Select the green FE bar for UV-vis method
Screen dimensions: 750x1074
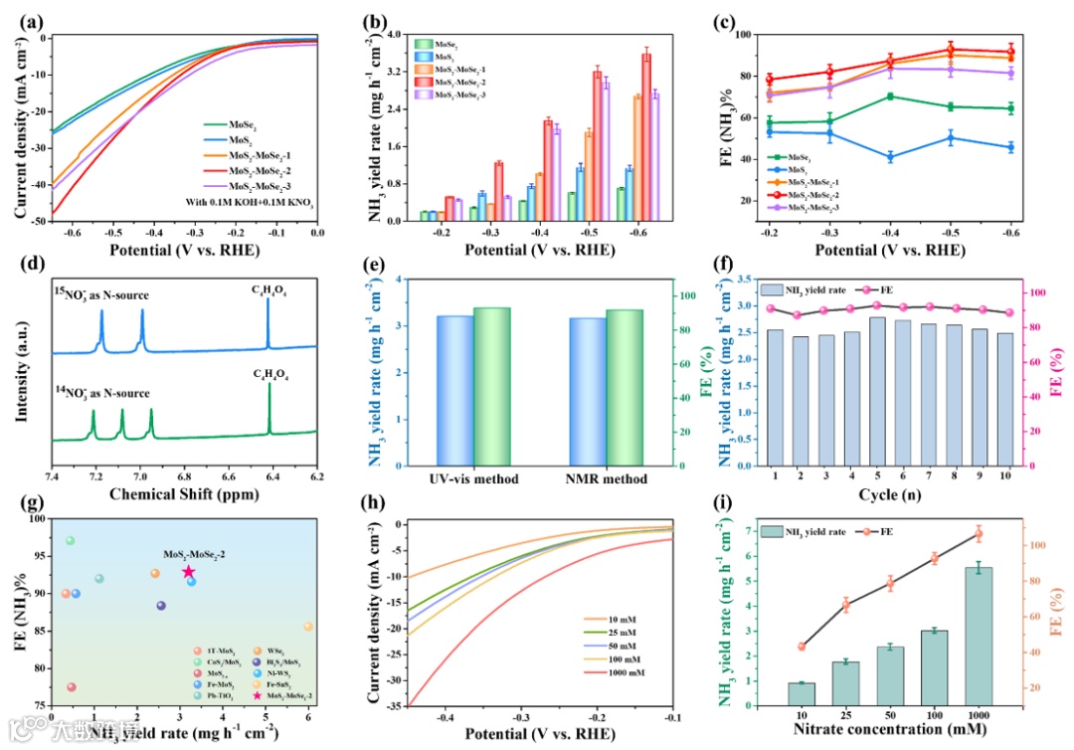(x=491, y=387)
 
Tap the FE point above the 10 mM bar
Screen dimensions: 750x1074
(x=802, y=647)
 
